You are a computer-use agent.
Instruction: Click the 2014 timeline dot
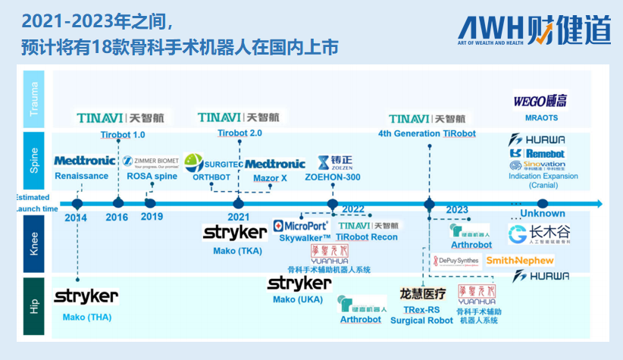pos(77,203)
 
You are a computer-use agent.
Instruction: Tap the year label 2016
pos(117,218)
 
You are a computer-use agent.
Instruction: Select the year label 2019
pos(151,218)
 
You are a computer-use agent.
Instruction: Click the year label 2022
pos(352,209)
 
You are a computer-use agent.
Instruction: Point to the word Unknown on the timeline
pos(542,214)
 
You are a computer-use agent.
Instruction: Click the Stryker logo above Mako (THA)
pos(86,296)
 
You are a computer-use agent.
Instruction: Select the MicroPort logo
pos(301,226)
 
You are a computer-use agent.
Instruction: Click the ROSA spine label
pos(152,177)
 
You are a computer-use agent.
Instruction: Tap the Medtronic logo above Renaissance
pos(85,161)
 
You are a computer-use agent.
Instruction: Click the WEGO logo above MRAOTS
pos(541,101)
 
